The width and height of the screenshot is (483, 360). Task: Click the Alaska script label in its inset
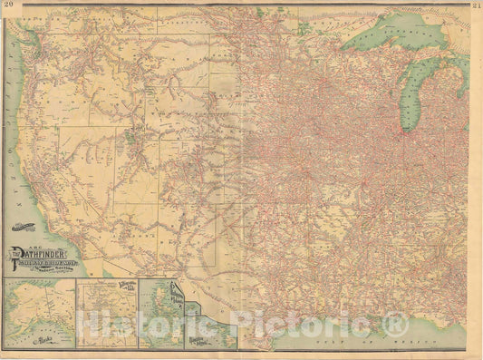pos(43,341)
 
